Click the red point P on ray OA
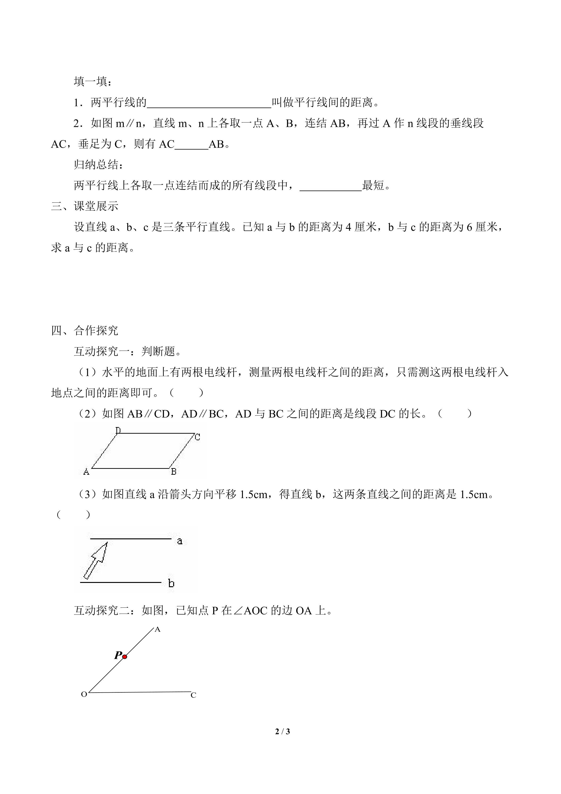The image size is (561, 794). (125, 656)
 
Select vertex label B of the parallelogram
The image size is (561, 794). (174, 471)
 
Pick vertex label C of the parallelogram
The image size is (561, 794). (197, 437)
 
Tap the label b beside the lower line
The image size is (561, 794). (171, 584)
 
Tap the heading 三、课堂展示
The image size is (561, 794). (85, 206)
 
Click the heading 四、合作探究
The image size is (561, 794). (85, 331)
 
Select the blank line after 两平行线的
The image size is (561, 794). (209, 103)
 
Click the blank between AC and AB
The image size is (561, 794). (191, 145)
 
